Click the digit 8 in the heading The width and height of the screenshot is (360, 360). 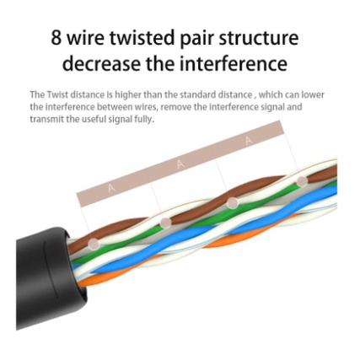[56, 37]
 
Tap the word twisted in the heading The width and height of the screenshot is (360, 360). [142, 37]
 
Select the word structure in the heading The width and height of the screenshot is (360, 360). [259, 38]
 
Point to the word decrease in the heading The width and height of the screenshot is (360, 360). [101, 63]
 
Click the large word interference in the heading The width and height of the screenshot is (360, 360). [234, 63]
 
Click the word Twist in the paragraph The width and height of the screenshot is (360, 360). [57, 94]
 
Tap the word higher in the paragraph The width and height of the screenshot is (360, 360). [128, 95]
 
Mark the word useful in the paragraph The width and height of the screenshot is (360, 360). [94, 120]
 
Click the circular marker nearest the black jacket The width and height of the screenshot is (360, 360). [94, 244]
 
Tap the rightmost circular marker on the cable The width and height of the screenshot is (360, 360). [302, 181]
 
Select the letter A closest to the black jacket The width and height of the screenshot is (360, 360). [111, 188]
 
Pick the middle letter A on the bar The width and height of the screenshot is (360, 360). [180, 164]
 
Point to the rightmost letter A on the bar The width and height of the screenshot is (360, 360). [249, 140]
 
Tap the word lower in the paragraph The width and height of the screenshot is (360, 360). [313, 94]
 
